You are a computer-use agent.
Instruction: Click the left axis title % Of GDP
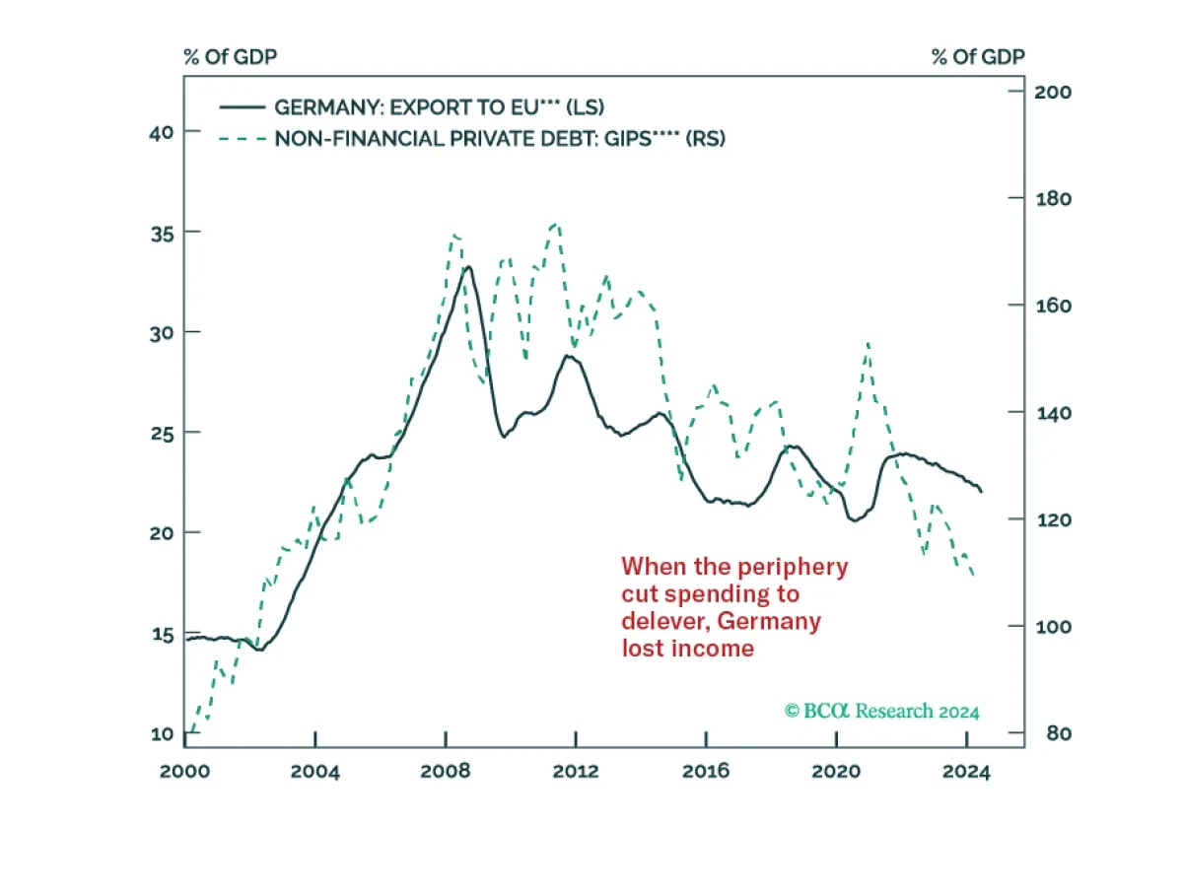pyautogui.click(x=230, y=56)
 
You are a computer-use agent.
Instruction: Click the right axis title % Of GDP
pyautogui.click(x=978, y=56)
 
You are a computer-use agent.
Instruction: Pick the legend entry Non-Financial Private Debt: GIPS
pyautogui.click(x=499, y=139)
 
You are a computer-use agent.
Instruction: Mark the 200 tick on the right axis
pyautogui.click(x=1051, y=91)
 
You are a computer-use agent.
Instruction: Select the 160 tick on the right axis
pyautogui.click(x=1051, y=306)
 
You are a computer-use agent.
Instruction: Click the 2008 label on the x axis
pyautogui.click(x=446, y=771)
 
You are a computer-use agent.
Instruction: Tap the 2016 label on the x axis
pyautogui.click(x=706, y=771)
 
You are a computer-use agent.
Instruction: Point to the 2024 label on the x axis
pyautogui.click(x=966, y=771)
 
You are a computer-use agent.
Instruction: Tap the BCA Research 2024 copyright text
pyautogui.click(x=882, y=711)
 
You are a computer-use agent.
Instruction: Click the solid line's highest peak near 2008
pyautogui.click(x=468, y=267)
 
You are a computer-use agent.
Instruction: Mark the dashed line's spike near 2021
pyautogui.click(x=868, y=343)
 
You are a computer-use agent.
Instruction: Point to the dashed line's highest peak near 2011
pyautogui.click(x=555, y=224)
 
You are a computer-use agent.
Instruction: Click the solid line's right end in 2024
pyautogui.click(x=981, y=491)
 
